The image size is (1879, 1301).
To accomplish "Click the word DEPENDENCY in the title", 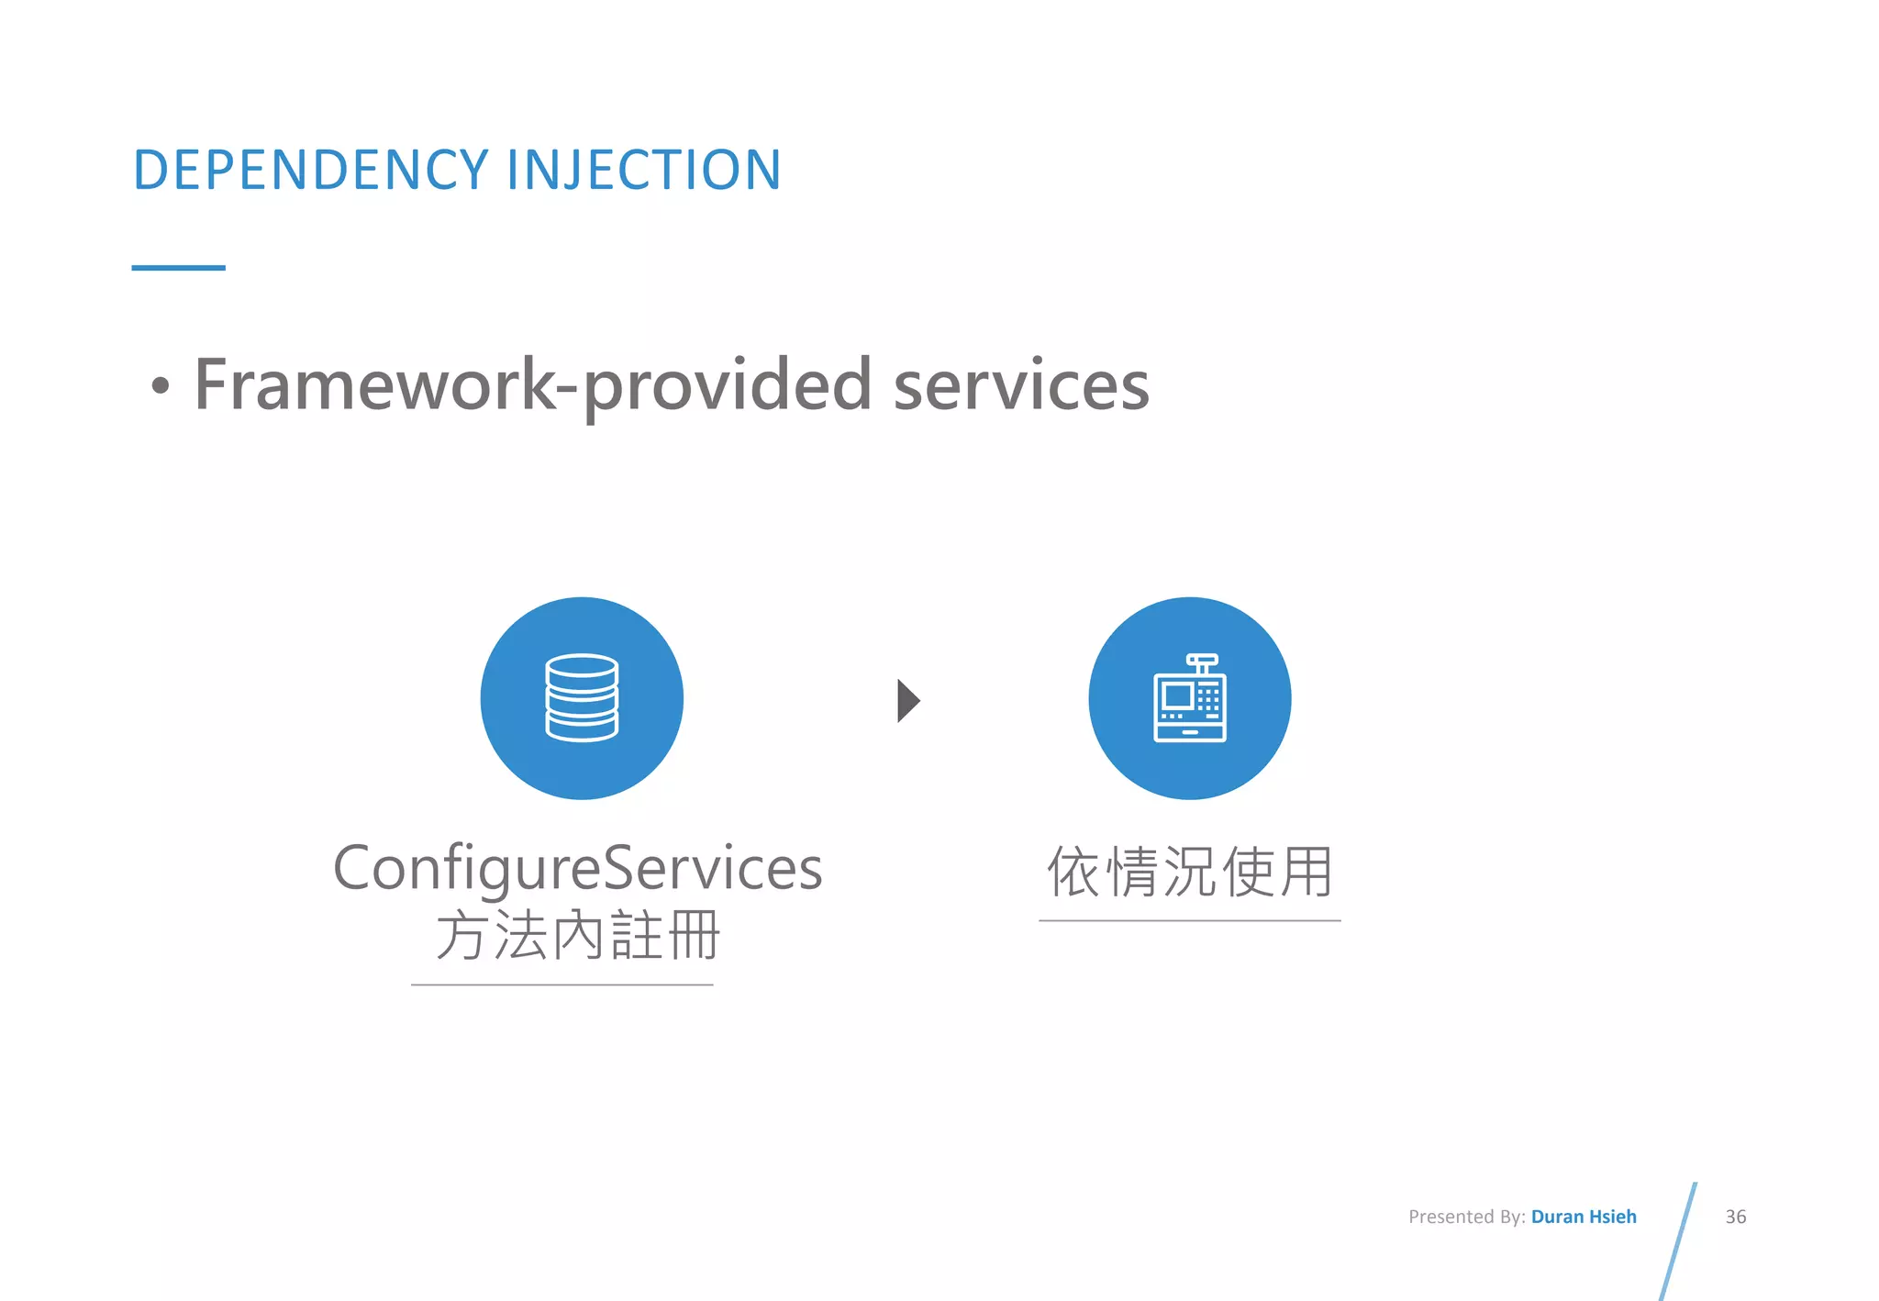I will (312, 171).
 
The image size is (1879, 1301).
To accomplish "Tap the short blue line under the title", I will (178, 268).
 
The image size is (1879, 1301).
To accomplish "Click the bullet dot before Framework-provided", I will (161, 386).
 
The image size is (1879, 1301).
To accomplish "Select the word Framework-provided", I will (532, 386).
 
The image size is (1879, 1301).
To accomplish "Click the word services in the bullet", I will (1021, 386).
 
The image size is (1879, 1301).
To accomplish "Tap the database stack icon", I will (582, 698).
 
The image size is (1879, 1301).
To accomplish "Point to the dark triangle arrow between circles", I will (907, 701).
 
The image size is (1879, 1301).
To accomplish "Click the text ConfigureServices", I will (577, 868).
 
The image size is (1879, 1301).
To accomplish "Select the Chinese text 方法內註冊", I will (577, 936).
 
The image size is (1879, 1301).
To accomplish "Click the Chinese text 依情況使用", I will (1189, 872).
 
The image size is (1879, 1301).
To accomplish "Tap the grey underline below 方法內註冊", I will (561, 984).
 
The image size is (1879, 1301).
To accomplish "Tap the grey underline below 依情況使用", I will (1189, 920).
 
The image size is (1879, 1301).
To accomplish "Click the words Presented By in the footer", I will (1465, 1217).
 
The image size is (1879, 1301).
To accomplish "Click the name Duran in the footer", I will (1557, 1217).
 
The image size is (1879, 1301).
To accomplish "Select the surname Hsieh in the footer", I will (1613, 1217).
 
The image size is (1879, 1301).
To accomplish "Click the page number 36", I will (1735, 1217).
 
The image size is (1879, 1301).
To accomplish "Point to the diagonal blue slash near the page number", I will (1678, 1240).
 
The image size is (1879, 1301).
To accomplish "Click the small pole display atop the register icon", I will (1202, 660).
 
